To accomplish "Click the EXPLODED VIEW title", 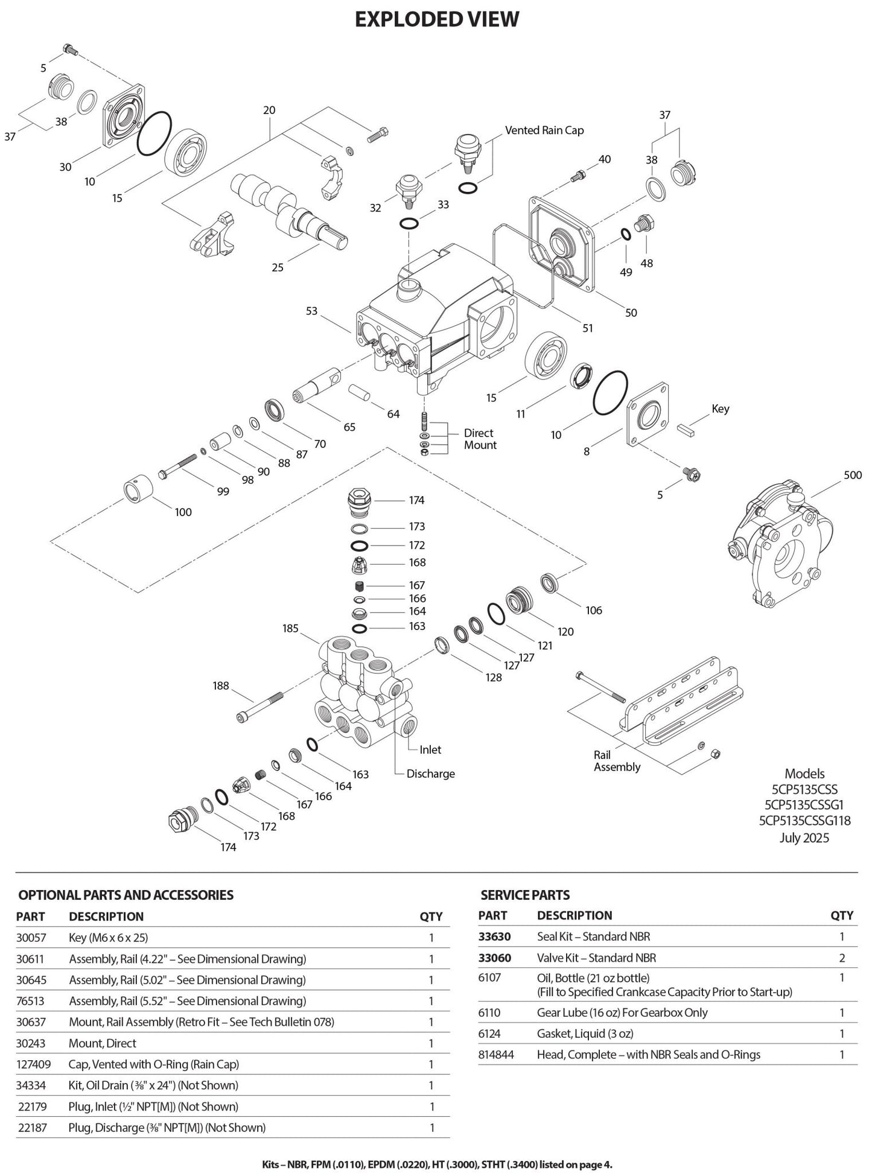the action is [436, 19].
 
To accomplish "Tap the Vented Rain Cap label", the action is [544, 130].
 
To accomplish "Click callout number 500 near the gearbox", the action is [853, 475].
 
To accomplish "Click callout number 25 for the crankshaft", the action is [278, 267].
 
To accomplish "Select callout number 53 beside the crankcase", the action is [311, 311].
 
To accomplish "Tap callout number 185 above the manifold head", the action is [290, 629].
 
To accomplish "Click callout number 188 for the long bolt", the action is [221, 686].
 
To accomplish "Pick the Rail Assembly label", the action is [617, 761].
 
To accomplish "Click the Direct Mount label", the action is [480, 439].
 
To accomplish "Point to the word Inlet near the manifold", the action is [430, 750].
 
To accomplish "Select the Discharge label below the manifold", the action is [430, 774].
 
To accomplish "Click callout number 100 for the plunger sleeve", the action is [183, 512].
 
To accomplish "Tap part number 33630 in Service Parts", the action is [494, 937].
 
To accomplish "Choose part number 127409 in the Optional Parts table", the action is [34, 1064].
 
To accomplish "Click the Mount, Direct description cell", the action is [103, 1043].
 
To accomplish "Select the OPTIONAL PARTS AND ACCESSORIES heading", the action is [126, 895].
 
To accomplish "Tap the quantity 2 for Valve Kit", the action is [842, 958].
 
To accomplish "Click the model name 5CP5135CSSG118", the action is [804, 821].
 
